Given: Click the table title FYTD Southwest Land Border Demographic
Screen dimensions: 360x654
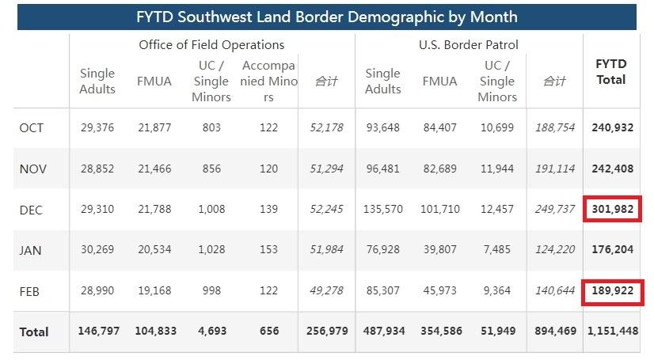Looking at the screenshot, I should pyautogui.click(x=326, y=16).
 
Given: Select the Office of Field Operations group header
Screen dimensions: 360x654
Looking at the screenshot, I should pyautogui.click(x=211, y=45).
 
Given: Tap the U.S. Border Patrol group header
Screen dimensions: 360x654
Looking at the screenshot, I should pyautogui.click(x=469, y=45).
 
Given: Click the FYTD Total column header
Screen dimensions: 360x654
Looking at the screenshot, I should pyautogui.click(x=610, y=72).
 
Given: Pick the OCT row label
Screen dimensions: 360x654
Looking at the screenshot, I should pyautogui.click(x=31, y=127).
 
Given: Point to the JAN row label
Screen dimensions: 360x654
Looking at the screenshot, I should pyautogui.click(x=31, y=250).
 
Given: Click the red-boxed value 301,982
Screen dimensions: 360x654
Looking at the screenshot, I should pyautogui.click(x=612, y=210).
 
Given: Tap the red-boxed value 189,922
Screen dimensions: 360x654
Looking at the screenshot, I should pyautogui.click(x=612, y=291).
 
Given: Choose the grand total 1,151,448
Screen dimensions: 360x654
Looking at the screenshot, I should pyautogui.click(x=611, y=332).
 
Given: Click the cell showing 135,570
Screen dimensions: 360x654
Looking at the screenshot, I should pyautogui.click(x=382, y=210).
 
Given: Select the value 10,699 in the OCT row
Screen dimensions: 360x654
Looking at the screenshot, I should pyautogui.click(x=497, y=127).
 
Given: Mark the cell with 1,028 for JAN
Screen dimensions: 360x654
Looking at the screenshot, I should pyautogui.click(x=211, y=250).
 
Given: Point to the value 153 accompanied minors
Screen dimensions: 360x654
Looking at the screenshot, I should pyautogui.click(x=269, y=250).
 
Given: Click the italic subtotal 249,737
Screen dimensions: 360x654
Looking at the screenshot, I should pyautogui.click(x=555, y=210).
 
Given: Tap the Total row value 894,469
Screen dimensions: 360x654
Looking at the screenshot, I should pyautogui.click(x=555, y=332).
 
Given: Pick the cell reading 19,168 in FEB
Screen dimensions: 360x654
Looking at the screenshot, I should pyautogui.click(x=154, y=291).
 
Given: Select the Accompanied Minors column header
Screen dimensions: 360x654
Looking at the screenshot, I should pyautogui.click(x=269, y=81).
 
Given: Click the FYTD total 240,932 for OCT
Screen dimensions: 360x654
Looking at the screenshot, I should pyautogui.click(x=612, y=127).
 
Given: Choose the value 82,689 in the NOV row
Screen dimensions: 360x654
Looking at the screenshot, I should pyautogui.click(x=439, y=169).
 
